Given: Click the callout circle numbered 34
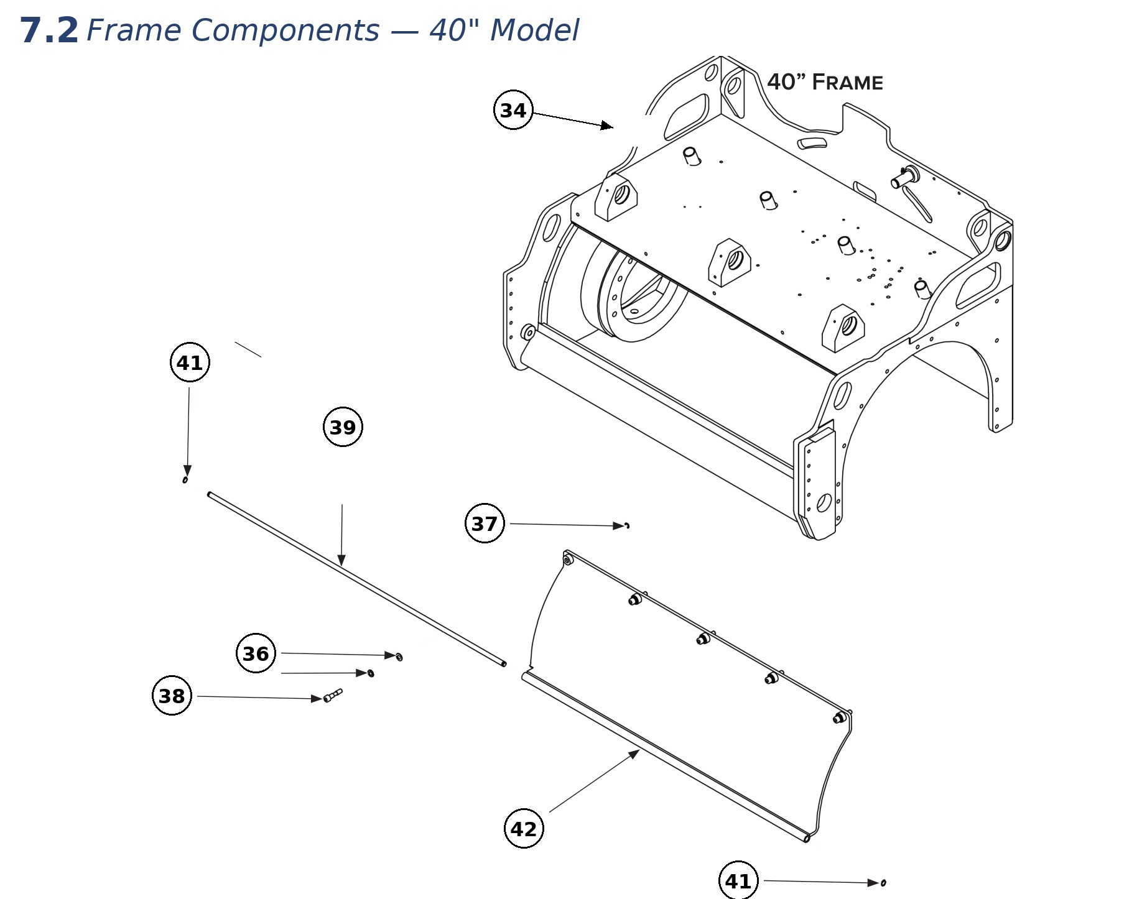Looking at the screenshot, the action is pos(513,110).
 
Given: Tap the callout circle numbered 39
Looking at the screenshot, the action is pos(343,427).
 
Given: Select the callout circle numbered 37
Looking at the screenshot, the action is pos(485,523).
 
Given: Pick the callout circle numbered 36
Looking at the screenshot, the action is pos(256,653).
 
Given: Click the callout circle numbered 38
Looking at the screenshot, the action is pos(172,696).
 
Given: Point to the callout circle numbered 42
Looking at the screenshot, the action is pos(523,829).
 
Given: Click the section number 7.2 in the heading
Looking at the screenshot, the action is pos(49,30).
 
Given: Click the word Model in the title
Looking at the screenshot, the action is pos(534,30).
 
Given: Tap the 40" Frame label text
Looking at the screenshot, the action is pos(825,82).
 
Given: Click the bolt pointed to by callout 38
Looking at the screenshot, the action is pos(333,695).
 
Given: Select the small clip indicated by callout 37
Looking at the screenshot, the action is pos(627,526).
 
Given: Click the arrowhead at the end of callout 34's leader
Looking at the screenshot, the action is pos(606,126).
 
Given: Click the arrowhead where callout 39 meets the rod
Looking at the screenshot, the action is pos(341,560).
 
